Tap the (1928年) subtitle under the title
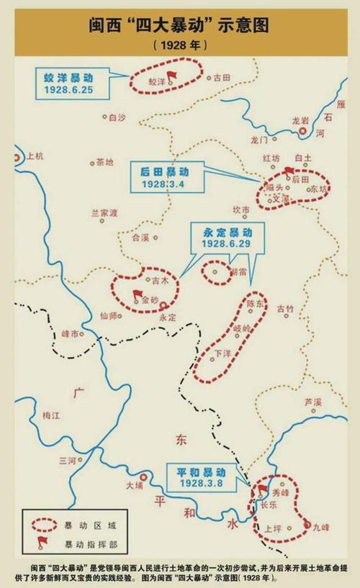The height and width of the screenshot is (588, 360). [180, 45]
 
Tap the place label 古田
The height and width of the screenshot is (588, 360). [220, 77]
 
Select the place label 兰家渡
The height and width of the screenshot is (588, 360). [104, 213]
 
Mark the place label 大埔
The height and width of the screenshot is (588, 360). [134, 486]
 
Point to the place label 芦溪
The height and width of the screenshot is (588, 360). [312, 402]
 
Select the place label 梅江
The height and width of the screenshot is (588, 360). [52, 415]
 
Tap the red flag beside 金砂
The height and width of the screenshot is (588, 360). [137, 294]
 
